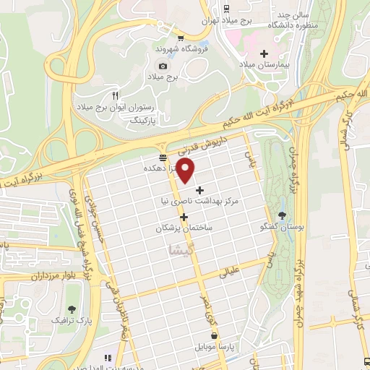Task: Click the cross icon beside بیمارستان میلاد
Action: pyautogui.click(x=264, y=53)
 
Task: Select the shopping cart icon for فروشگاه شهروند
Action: pyautogui.click(x=181, y=39)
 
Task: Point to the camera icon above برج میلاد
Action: pyautogui.click(x=163, y=66)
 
